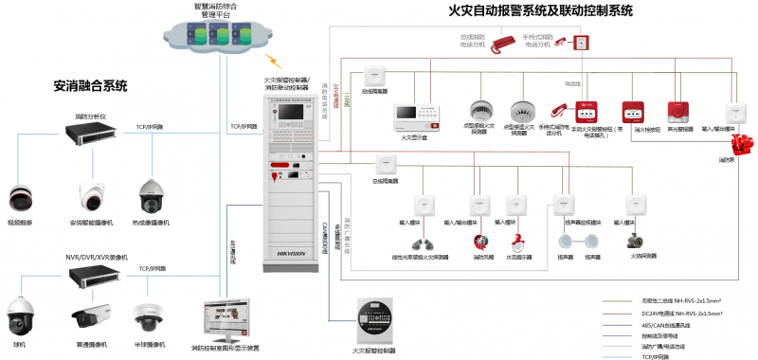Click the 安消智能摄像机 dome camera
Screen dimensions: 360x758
[x=91, y=196]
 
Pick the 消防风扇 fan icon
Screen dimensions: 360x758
[x=479, y=242]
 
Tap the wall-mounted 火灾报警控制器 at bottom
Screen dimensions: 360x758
[x=373, y=321]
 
